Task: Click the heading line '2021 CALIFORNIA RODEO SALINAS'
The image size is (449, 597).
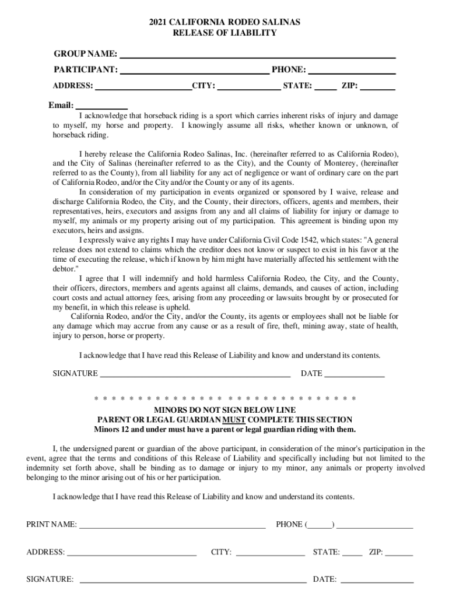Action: (x=224, y=22)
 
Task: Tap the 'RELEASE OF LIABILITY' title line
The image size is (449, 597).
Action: (x=224, y=33)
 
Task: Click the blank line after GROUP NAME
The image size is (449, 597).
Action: (x=257, y=55)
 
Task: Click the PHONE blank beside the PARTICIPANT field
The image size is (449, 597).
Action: (x=352, y=71)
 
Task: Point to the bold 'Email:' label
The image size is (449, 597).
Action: (x=61, y=106)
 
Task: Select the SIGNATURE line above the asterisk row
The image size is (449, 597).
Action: (x=195, y=374)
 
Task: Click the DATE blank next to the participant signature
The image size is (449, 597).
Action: (x=355, y=374)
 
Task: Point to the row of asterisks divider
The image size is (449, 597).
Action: (x=224, y=399)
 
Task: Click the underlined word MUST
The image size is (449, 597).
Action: (x=233, y=420)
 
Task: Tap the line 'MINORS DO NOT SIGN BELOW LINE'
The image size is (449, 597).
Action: (x=224, y=410)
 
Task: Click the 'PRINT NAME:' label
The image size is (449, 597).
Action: (x=51, y=525)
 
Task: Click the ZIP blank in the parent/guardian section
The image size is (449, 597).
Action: (x=399, y=552)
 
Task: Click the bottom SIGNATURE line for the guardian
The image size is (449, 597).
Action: (x=192, y=580)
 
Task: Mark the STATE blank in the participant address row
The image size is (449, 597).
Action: (x=327, y=87)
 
